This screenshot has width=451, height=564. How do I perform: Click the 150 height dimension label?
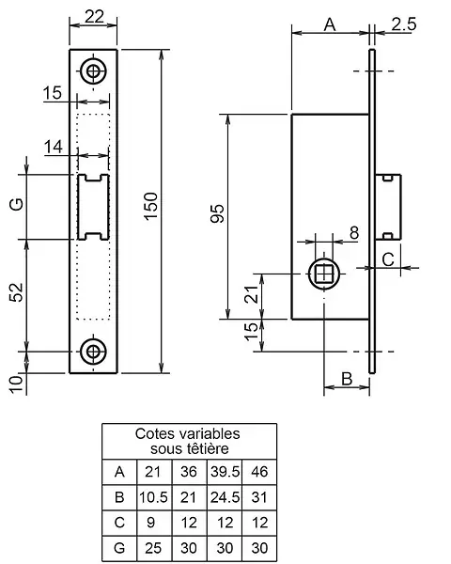point(152,206)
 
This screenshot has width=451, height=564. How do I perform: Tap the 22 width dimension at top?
point(95,16)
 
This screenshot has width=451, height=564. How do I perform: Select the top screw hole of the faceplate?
point(94,70)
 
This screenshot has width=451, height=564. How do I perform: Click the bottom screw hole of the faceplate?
point(94,351)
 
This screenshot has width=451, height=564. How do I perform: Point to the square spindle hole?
point(324,274)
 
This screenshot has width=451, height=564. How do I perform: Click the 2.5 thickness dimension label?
point(404,24)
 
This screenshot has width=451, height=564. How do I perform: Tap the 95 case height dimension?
point(217,213)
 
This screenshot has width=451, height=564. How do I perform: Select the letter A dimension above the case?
point(330,24)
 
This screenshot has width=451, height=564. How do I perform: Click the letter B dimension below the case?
point(347,379)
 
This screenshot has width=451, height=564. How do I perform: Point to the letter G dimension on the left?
point(17,204)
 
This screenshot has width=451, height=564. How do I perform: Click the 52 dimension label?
point(17,292)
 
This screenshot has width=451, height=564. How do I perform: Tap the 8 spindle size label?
point(354,233)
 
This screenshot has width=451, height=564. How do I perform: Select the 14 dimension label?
point(54,147)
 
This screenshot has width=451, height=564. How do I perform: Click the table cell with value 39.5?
point(225,472)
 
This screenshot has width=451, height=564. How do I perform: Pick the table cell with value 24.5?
point(225,497)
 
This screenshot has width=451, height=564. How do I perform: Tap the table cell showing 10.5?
point(153,497)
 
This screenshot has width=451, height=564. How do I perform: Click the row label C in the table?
point(119,523)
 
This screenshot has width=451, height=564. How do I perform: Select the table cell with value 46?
point(259,472)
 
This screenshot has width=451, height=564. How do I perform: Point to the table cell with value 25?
point(153,548)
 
